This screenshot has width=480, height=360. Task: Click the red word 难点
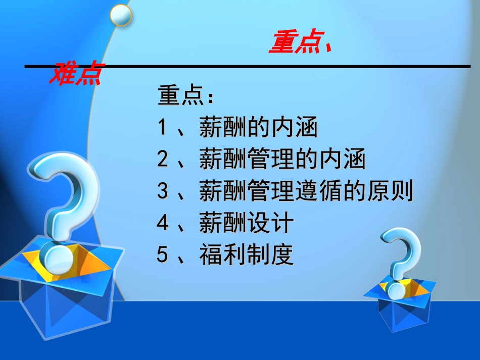tap(75, 74)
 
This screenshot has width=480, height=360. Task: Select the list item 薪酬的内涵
tap(258, 128)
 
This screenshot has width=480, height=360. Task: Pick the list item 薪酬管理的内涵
tap(282, 160)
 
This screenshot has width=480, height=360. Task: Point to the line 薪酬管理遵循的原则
tap(306, 191)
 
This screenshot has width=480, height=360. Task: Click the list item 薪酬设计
tap(246, 223)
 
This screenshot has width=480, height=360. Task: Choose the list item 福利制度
tap(246, 255)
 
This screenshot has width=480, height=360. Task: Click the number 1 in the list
tap(162, 128)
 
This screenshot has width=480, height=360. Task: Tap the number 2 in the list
tap(162, 160)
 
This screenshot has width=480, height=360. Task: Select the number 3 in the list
tap(162, 191)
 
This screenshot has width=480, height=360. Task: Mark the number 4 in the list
tap(162, 223)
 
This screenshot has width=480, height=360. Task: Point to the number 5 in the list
tap(162, 255)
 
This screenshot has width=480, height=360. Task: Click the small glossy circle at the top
tap(121, 15)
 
